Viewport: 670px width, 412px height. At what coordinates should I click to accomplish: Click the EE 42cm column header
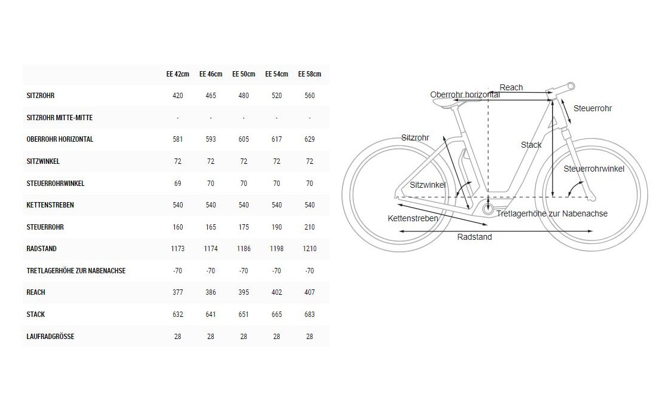[x=178, y=74]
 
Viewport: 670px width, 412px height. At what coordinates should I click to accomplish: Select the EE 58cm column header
[x=310, y=74]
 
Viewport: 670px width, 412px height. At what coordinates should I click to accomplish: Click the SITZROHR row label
[x=41, y=96]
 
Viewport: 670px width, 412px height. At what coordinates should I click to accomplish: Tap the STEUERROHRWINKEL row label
[x=56, y=184]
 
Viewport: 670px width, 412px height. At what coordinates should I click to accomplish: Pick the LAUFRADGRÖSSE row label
[x=50, y=337]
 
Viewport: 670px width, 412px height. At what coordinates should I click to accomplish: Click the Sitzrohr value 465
[x=211, y=96]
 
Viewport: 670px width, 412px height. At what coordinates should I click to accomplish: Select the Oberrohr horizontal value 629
[x=310, y=139]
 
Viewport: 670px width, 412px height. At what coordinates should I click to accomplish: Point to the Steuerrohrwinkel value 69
[x=178, y=184]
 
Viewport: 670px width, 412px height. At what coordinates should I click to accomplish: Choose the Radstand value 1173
[x=178, y=249]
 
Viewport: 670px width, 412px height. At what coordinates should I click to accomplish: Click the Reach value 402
[x=277, y=292]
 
